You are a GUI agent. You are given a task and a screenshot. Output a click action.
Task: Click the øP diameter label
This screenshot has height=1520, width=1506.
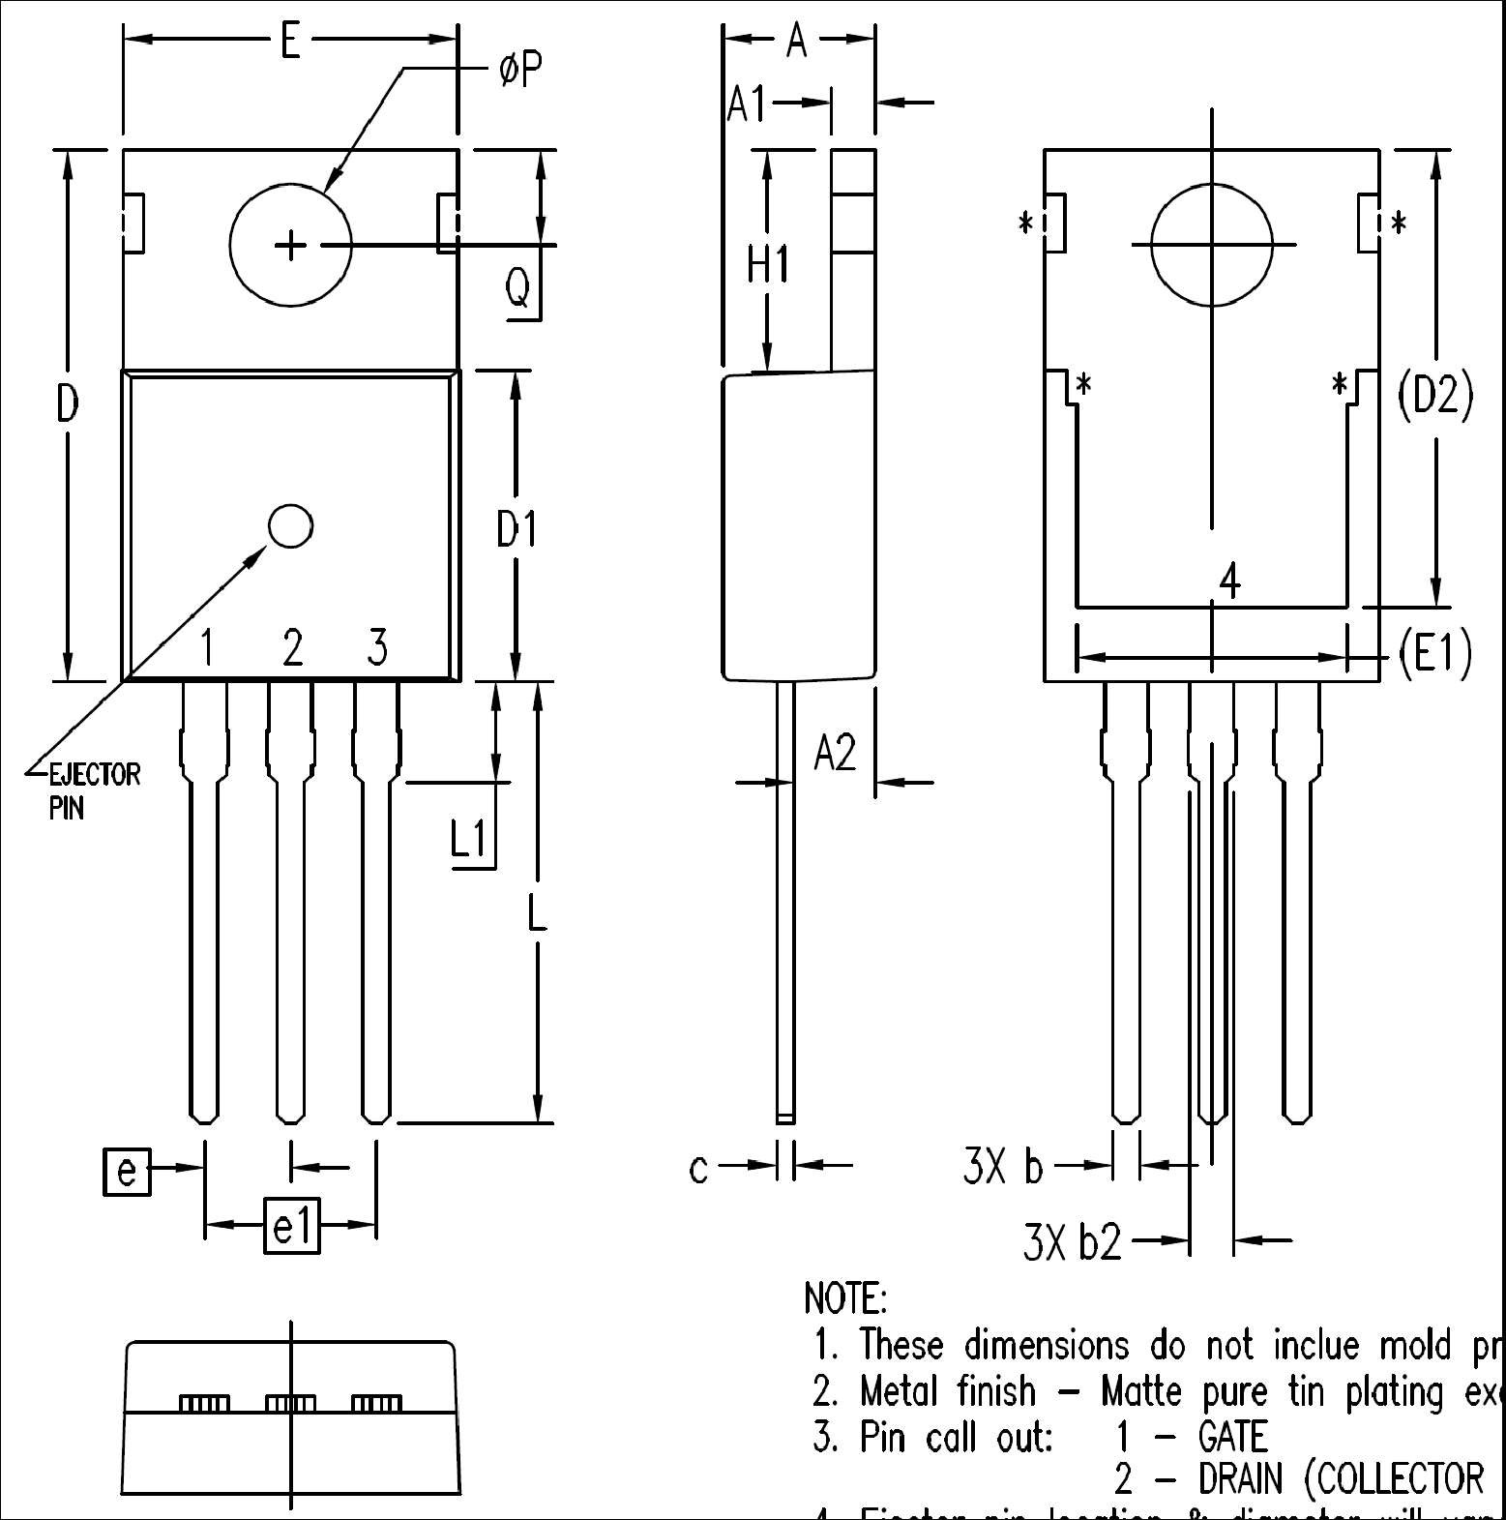[519, 70]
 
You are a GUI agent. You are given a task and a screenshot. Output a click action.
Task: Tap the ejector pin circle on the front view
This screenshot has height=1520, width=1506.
[290, 526]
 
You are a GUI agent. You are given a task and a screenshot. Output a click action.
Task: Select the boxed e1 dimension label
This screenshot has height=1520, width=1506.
[291, 1226]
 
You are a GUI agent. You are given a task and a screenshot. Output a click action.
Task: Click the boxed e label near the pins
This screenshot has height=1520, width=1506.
[127, 1171]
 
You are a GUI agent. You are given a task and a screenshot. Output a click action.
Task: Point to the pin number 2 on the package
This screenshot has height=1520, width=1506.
[292, 647]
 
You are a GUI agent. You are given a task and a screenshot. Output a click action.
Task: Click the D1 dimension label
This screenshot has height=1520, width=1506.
[516, 529]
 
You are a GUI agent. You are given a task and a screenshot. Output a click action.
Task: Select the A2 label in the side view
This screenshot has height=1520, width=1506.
[835, 752]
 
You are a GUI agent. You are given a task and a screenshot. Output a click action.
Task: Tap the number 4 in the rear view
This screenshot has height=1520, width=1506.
[1229, 582]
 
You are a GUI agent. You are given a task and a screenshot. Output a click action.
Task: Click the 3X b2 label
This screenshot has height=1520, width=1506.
[1072, 1242]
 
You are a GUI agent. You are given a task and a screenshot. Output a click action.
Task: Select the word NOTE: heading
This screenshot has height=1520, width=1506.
[844, 1297]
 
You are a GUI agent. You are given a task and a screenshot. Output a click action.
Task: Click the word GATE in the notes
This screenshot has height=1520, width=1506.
[1232, 1437]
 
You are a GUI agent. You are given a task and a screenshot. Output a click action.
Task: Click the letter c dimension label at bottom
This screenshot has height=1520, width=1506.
[699, 1169]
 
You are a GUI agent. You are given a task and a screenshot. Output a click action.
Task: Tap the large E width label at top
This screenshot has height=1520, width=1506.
[289, 42]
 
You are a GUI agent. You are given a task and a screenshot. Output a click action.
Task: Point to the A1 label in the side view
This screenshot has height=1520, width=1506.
[747, 104]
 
